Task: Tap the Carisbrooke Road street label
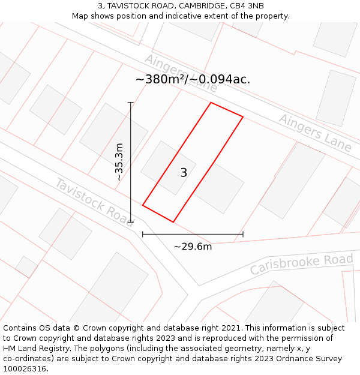[x=301, y=264]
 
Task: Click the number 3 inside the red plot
[x=184, y=173]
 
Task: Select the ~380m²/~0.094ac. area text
[x=193, y=79]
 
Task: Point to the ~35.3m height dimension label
[x=119, y=162]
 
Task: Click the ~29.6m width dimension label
[x=193, y=247]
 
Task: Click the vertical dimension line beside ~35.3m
[x=131, y=162]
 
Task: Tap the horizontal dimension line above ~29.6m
[x=193, y=234]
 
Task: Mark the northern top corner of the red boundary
[x=211, y=103]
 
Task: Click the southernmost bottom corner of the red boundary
[x=173, y=222]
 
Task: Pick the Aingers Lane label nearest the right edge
[x=315, y=133]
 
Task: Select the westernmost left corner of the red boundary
[x=143, y=205]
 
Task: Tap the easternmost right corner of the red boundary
[x=243, y=117]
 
